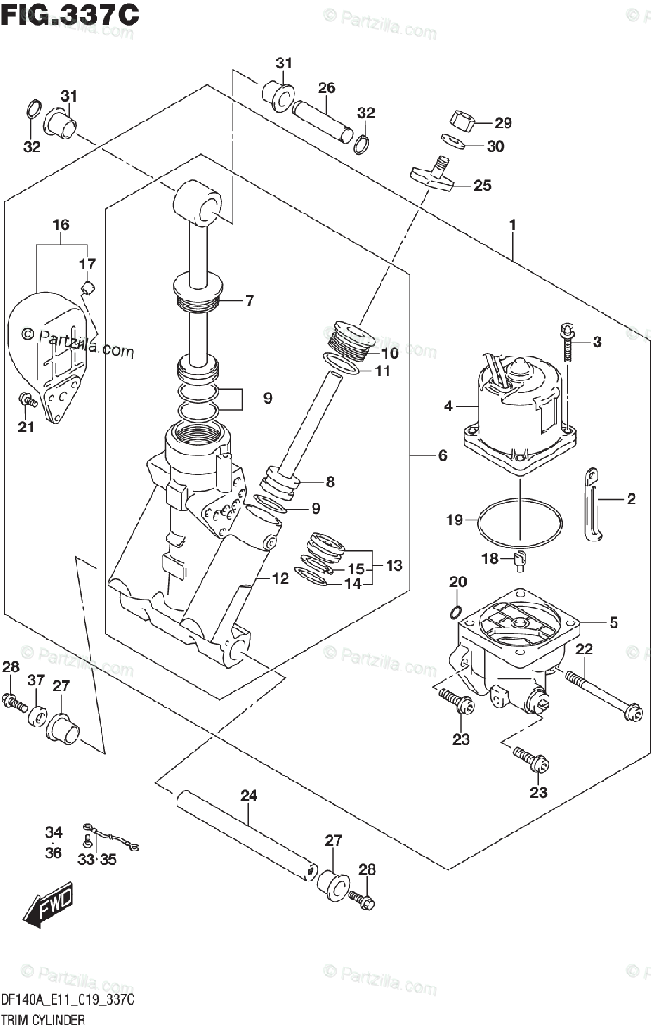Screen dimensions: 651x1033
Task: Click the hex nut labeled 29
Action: (x=462, y=121)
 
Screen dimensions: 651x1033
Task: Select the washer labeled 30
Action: (x=453, y=140)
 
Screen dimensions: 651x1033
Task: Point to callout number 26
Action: (x=326, y=88)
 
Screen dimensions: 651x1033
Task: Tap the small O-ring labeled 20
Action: (x=456, y=612)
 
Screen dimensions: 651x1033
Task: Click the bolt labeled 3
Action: (x=566, y=343)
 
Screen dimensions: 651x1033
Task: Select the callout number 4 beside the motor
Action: (x=449, y=406)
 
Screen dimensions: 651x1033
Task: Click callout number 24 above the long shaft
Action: (x=249, y=795)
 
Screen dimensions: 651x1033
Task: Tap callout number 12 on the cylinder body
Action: (x=280, y=578)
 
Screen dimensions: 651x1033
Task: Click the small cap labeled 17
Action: (x=88, y=288)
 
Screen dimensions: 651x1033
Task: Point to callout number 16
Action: (x=61, y=225)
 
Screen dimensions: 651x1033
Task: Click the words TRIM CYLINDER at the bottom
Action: (x=43, y=1019)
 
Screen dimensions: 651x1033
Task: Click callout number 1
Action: (x=512, y=225)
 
